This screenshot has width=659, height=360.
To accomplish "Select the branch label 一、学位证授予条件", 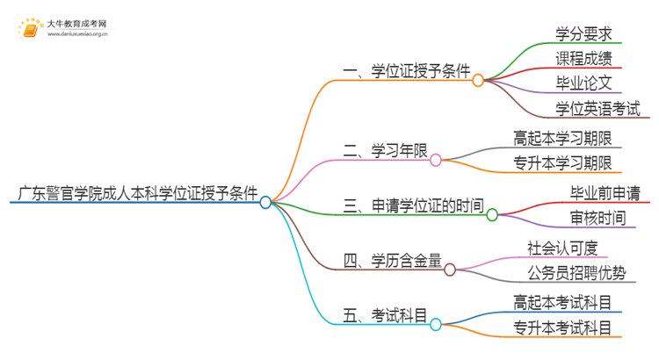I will point(407,70).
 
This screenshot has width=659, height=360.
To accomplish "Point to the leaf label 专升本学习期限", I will point(562,162).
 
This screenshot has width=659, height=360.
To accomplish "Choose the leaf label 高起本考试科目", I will point(562,301).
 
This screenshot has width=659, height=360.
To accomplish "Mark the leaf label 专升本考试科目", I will point(562,327).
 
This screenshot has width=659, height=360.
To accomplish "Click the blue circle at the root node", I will point(265,202).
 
